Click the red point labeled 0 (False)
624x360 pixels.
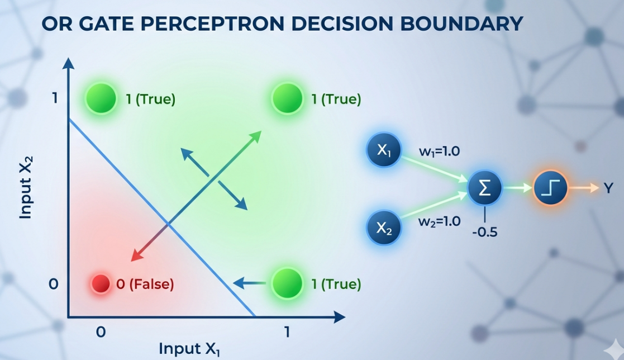click(x=101, y=283)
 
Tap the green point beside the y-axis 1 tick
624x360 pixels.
click(x=101, y=99)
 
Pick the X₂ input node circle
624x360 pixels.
click(x=384, y=228)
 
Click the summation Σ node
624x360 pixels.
click(x=485, y=188)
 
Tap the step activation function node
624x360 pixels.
click(x=551, y=188)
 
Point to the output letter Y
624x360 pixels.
click(x=608, y=189)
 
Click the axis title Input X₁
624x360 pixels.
click(x=189, y=348)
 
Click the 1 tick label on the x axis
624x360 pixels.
click(x=287, y=332)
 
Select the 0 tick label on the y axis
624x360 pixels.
click(x=54, y=284)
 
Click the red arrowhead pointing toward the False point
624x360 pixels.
click(x=135, y=257)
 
